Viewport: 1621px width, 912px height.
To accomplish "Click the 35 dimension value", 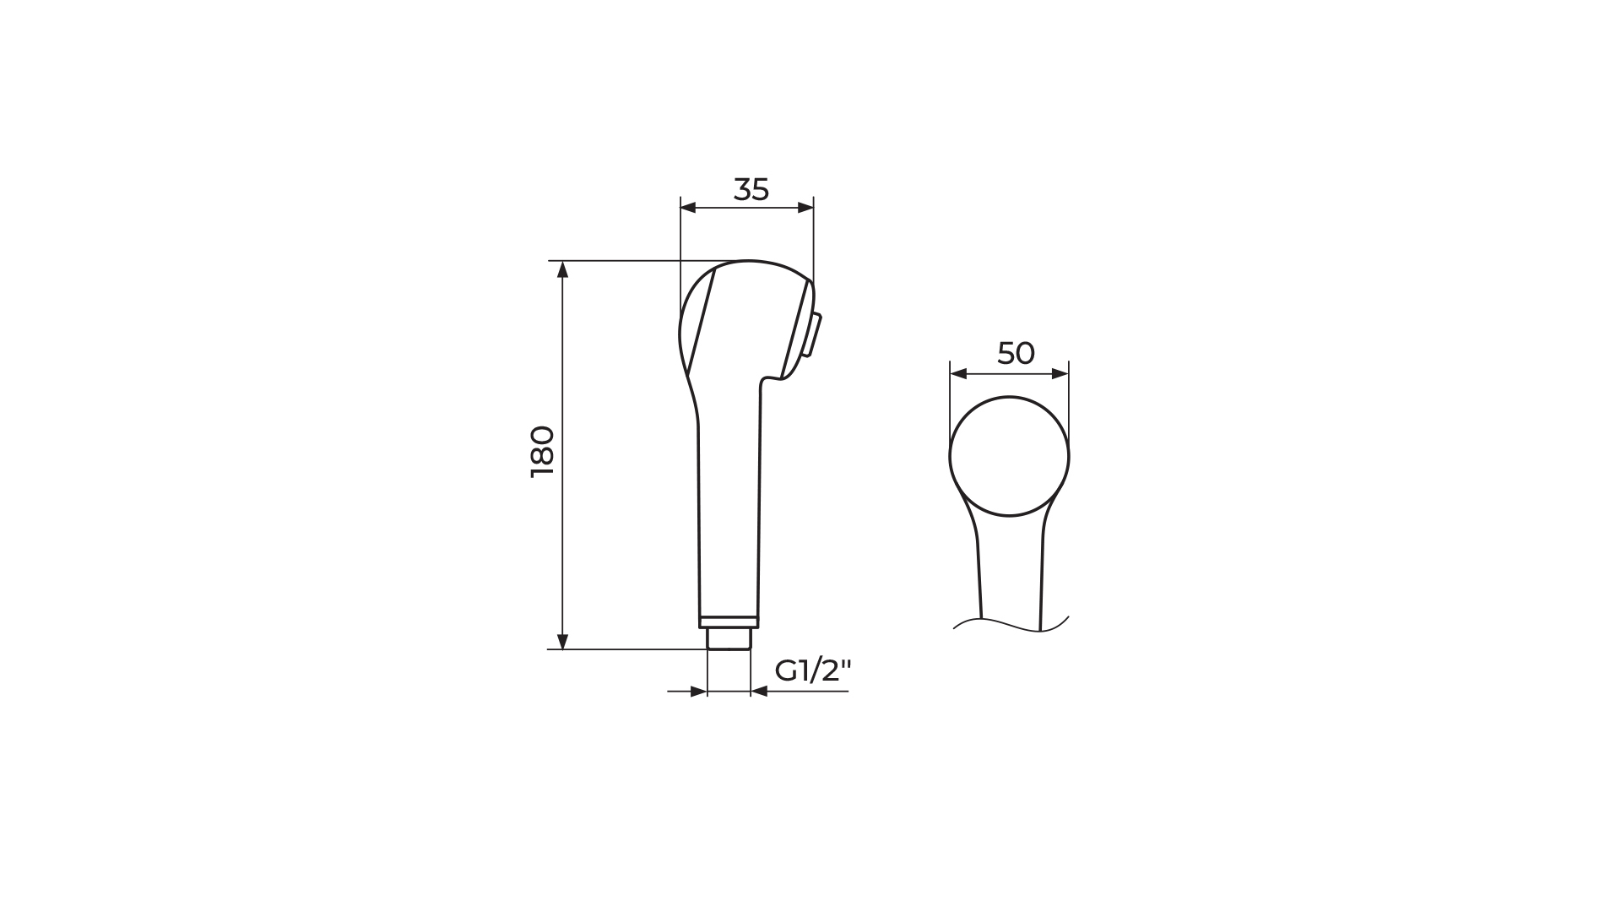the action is (x=751, y=190).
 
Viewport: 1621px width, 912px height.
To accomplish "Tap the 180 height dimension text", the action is (x=542, y=452).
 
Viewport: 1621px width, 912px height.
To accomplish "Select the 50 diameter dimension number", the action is (x=1016, y=353).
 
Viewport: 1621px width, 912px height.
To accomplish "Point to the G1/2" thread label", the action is (x=813, y=670).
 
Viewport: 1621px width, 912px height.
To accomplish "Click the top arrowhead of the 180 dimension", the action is (x=563, y=269).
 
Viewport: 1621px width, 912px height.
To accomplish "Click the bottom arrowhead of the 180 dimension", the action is (x=563, y=641).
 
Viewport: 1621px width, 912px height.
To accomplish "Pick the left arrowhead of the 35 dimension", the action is (x=689, y=208).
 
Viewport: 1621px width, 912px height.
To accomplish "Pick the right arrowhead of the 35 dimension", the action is (x=805, y=208).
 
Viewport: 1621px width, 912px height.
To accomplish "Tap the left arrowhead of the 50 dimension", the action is (x=958, y=373).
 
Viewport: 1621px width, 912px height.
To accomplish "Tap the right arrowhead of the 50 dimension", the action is (x=1060, y=373).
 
